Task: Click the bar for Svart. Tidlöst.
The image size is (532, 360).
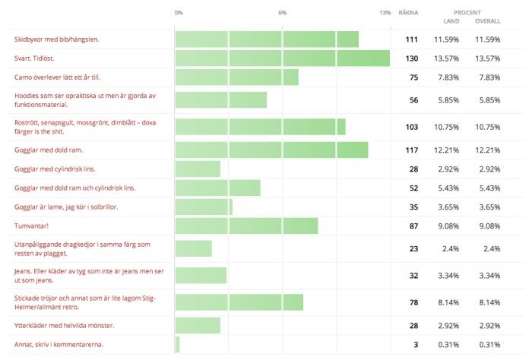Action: click(x=282, y=58)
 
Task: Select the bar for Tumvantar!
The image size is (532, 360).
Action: click(x=246, y=226)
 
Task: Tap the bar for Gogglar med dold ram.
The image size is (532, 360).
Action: click(x=271, y=150)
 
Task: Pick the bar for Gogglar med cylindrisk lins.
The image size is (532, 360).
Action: click(x=198, y=169)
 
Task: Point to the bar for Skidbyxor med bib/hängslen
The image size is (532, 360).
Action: click(x=267, y=39)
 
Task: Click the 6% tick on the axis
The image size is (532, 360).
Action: click(x=282, y=13)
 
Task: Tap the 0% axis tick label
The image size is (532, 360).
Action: click(x=179, y=13)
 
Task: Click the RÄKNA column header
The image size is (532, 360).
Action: click(x=409, y=13)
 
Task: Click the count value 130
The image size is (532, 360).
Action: click(x=412, y=58)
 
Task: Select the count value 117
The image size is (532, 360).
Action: click(x=412, y=150)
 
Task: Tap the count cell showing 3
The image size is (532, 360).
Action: click(x=416, y=345)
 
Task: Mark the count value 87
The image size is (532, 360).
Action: click(x=413, y=226)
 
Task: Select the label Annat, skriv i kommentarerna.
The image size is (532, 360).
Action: click(x=59, y=345)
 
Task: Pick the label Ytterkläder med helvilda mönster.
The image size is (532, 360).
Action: click(x=64, y=326)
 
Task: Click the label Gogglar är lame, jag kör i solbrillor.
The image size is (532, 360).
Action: click(x=66, y=207)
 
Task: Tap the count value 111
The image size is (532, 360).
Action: click(x=412, y=39)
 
